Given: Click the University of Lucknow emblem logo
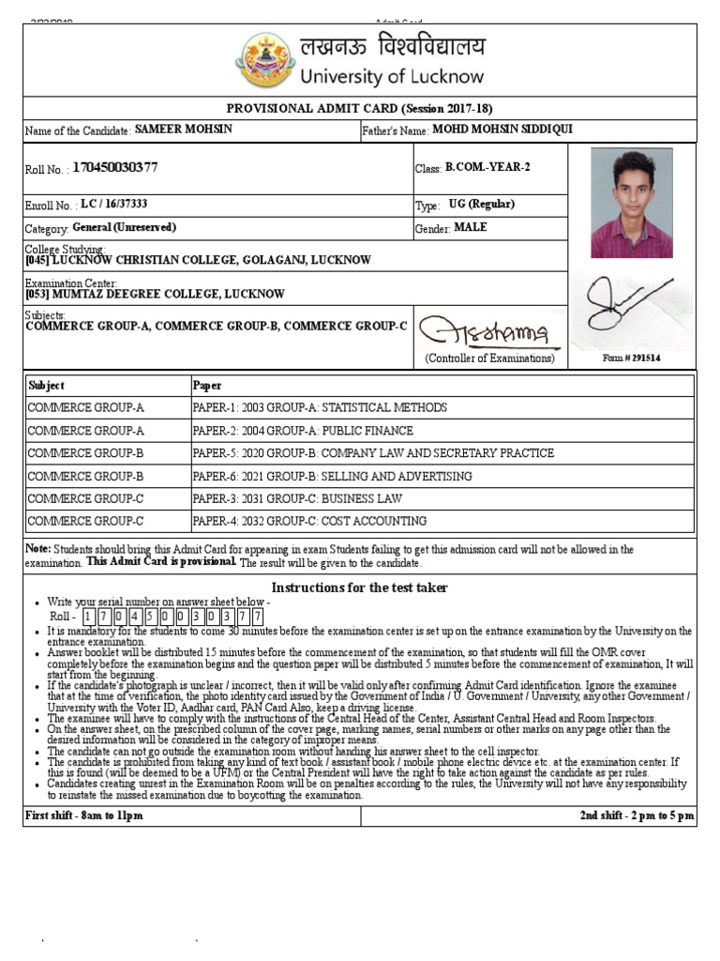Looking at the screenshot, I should [x=269, y=59].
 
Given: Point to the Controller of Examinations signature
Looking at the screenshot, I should [x=485, y=331].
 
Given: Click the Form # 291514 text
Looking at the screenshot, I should [x=632, y=358].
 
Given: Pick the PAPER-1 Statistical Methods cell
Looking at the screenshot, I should [x=320, y=408].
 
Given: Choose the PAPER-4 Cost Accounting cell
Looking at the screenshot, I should [x=309, y=521].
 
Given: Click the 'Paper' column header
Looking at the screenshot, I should [x=207, y=386].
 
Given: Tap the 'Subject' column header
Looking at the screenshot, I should [x=47, y=386].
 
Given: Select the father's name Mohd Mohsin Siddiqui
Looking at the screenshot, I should [x=502, y=130].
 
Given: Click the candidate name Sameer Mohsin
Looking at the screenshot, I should [x=183, y=130].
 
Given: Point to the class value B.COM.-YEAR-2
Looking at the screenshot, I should [x=487, y=167].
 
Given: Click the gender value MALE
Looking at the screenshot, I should [x=471, y=227].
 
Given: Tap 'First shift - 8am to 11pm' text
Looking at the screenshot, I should [x=84, y=816].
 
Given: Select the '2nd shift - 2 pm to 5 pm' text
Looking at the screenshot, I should [x=637, y=816].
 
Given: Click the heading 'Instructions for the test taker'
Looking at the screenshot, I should [x=360, y=587].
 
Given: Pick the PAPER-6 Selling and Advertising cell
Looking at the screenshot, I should [x=332, y=476].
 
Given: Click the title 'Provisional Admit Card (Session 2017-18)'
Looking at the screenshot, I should [x=360, y=108].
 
